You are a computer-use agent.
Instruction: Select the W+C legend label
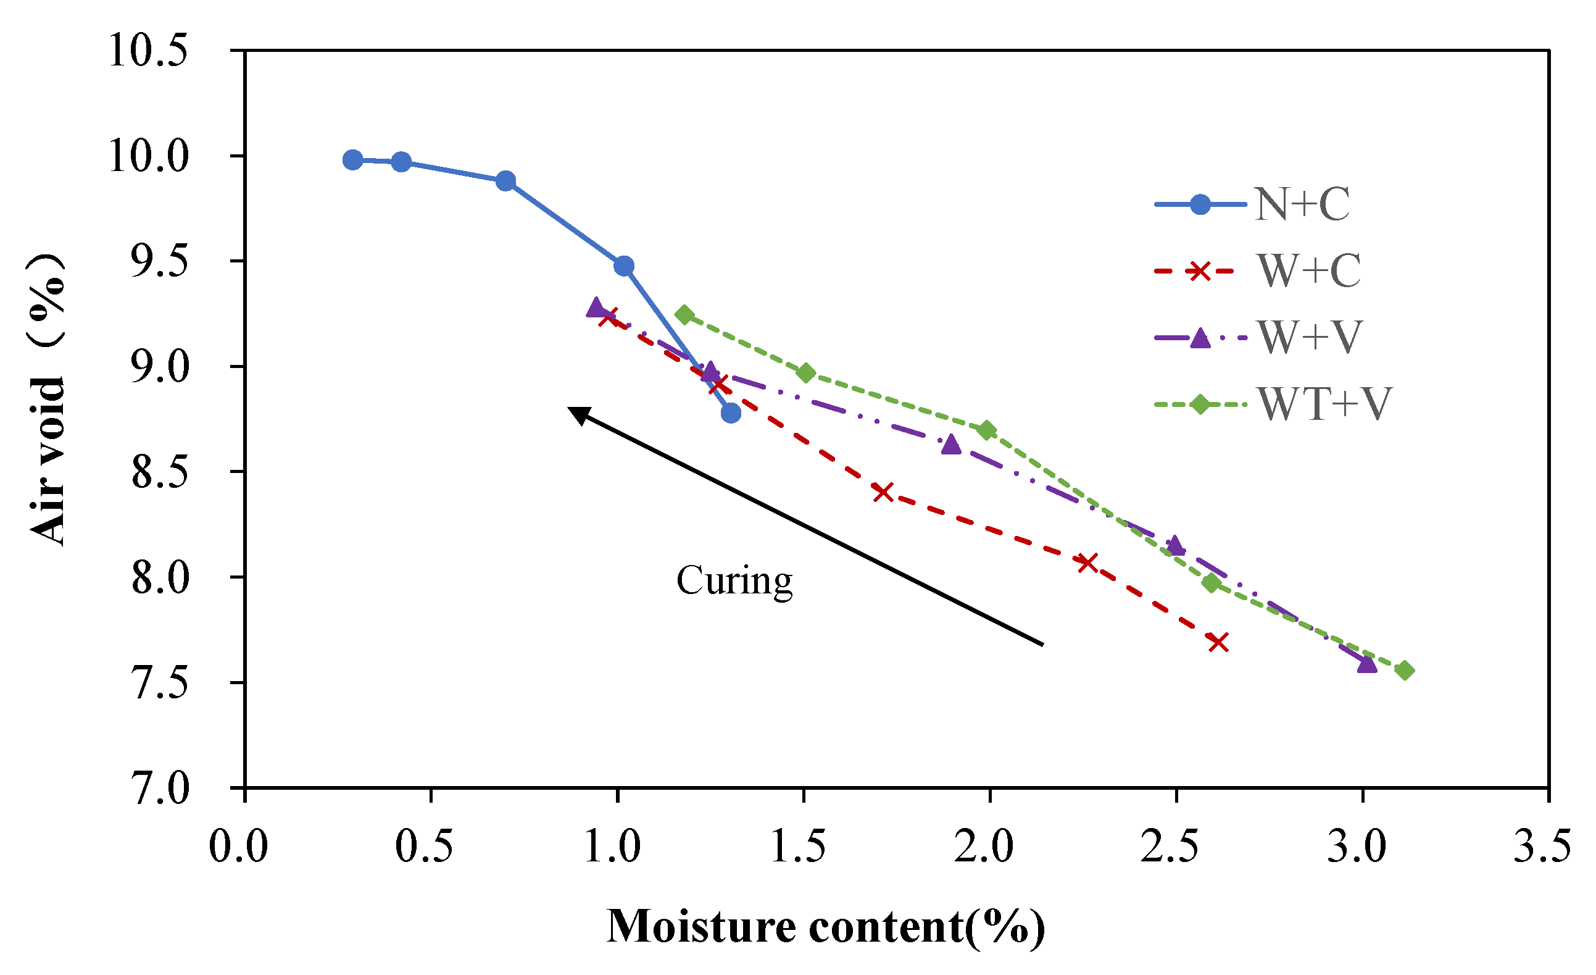(x=1308, y=270)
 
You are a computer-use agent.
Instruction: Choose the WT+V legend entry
(x=1324, y=404)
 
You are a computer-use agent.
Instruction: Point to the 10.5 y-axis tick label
(x=148, y=51)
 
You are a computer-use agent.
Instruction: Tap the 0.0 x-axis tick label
(x=238, y=846)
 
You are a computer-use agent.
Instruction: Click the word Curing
(x=734, y=580)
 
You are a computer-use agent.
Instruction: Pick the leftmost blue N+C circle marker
(x=352, y=160)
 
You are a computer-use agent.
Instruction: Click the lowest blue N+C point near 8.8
(x=731, y=413)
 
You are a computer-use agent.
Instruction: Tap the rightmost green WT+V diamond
(x=1405, y=671)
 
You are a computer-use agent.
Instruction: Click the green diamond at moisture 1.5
(x=807, y=373)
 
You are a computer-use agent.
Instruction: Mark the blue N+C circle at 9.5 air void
(x=624, y=266)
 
